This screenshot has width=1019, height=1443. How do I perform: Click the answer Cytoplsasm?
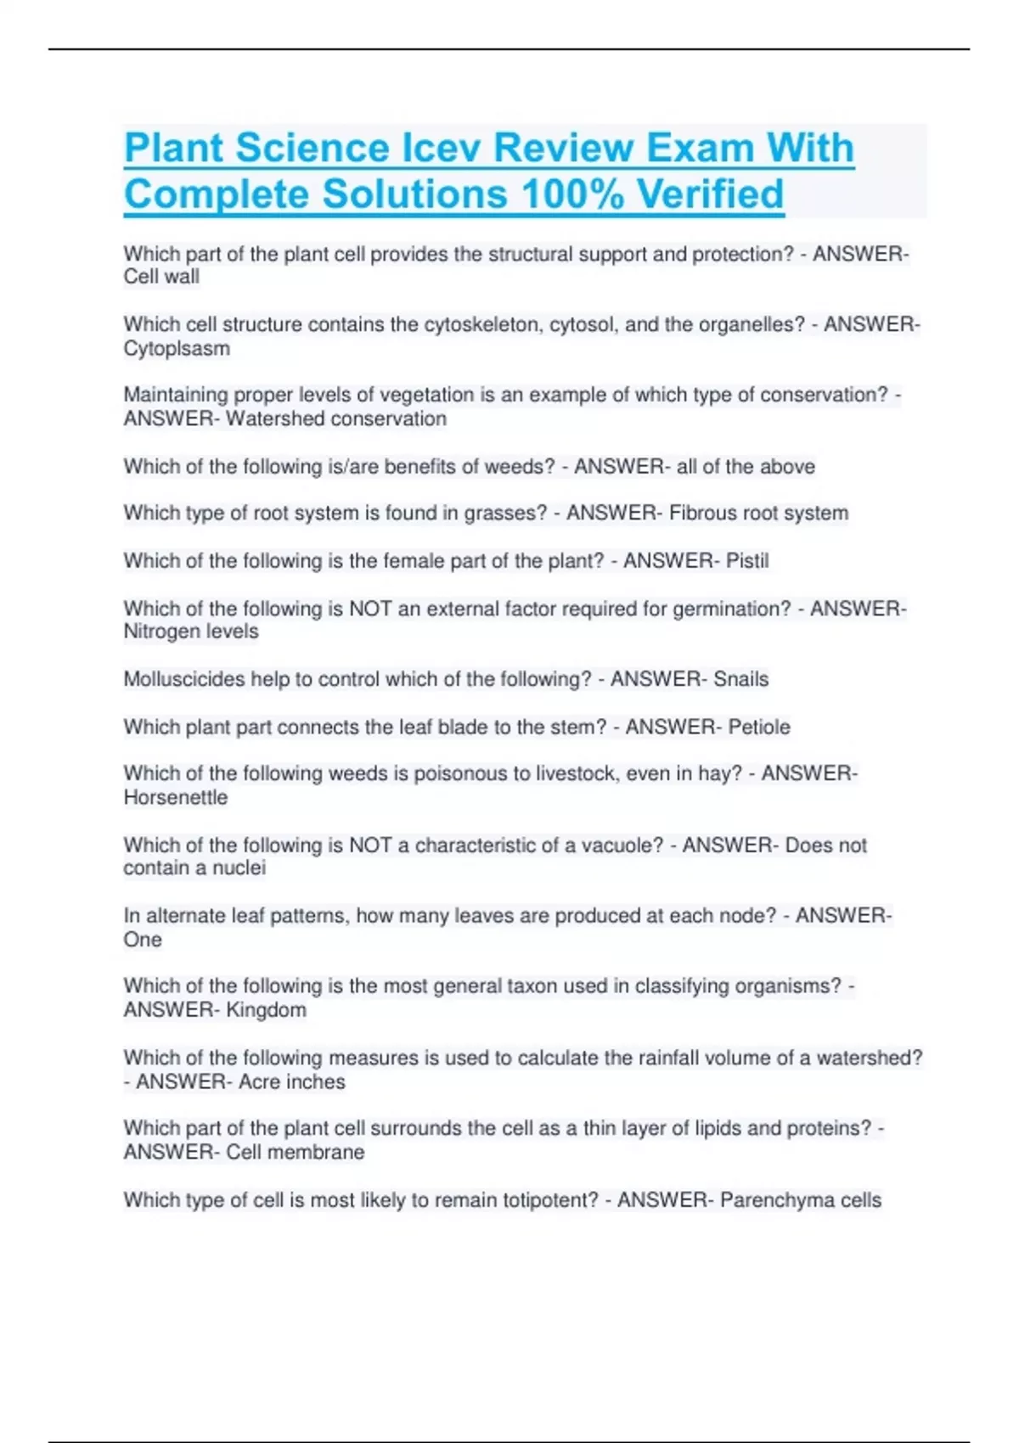(x=177, y=348)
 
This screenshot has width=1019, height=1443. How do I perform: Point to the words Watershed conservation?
(x=335, y=418)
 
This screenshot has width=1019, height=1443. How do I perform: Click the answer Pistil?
(x=747, y=560)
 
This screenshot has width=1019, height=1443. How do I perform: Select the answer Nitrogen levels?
(x=191, y=632)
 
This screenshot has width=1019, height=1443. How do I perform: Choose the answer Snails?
(x=740, y=679)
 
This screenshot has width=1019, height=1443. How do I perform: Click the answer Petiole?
(x=759, y=727)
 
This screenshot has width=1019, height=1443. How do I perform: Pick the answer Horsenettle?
(x=176, y=797)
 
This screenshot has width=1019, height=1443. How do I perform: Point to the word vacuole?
(x=622, y=845)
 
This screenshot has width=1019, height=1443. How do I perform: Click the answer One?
(x=143, y=940)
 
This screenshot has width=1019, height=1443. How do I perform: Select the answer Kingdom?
(x=266, y=1010)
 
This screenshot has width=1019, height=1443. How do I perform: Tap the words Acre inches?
(x=292, y=1081)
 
